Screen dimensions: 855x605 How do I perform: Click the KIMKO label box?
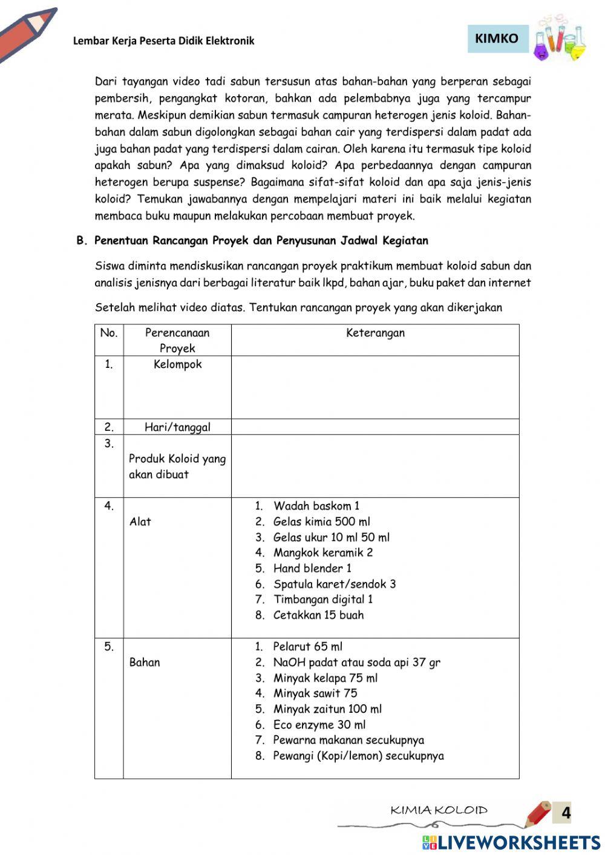point(497,39)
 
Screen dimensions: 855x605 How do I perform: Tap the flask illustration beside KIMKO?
point(560,39)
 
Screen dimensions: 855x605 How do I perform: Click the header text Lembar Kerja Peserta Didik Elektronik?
point(163,41)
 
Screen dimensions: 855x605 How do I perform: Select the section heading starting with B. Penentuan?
point(252,241)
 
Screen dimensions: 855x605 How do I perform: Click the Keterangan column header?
point(375,333)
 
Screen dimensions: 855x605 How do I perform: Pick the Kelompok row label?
point(177,364)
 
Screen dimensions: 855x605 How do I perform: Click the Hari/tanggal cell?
point(177,427)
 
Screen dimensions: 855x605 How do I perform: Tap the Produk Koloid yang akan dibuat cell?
point(177,467)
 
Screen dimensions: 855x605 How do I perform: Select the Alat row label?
point(140,522)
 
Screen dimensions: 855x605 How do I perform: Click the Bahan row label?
point(145,662)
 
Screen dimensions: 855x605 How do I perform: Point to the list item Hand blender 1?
point(312,568)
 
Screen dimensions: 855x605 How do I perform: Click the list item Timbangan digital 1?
point(323,600)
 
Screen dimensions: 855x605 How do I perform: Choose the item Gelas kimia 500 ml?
point(321,522)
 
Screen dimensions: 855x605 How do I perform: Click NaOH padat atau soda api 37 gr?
point(356,663)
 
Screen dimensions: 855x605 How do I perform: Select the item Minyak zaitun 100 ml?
point(327,709)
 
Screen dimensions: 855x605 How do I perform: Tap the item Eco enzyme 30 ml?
point(319,725)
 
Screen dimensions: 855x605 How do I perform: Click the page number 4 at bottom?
point(566,813)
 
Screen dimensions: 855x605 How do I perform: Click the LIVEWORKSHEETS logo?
point(511,843)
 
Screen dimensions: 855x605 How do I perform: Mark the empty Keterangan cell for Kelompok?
point(375,387)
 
